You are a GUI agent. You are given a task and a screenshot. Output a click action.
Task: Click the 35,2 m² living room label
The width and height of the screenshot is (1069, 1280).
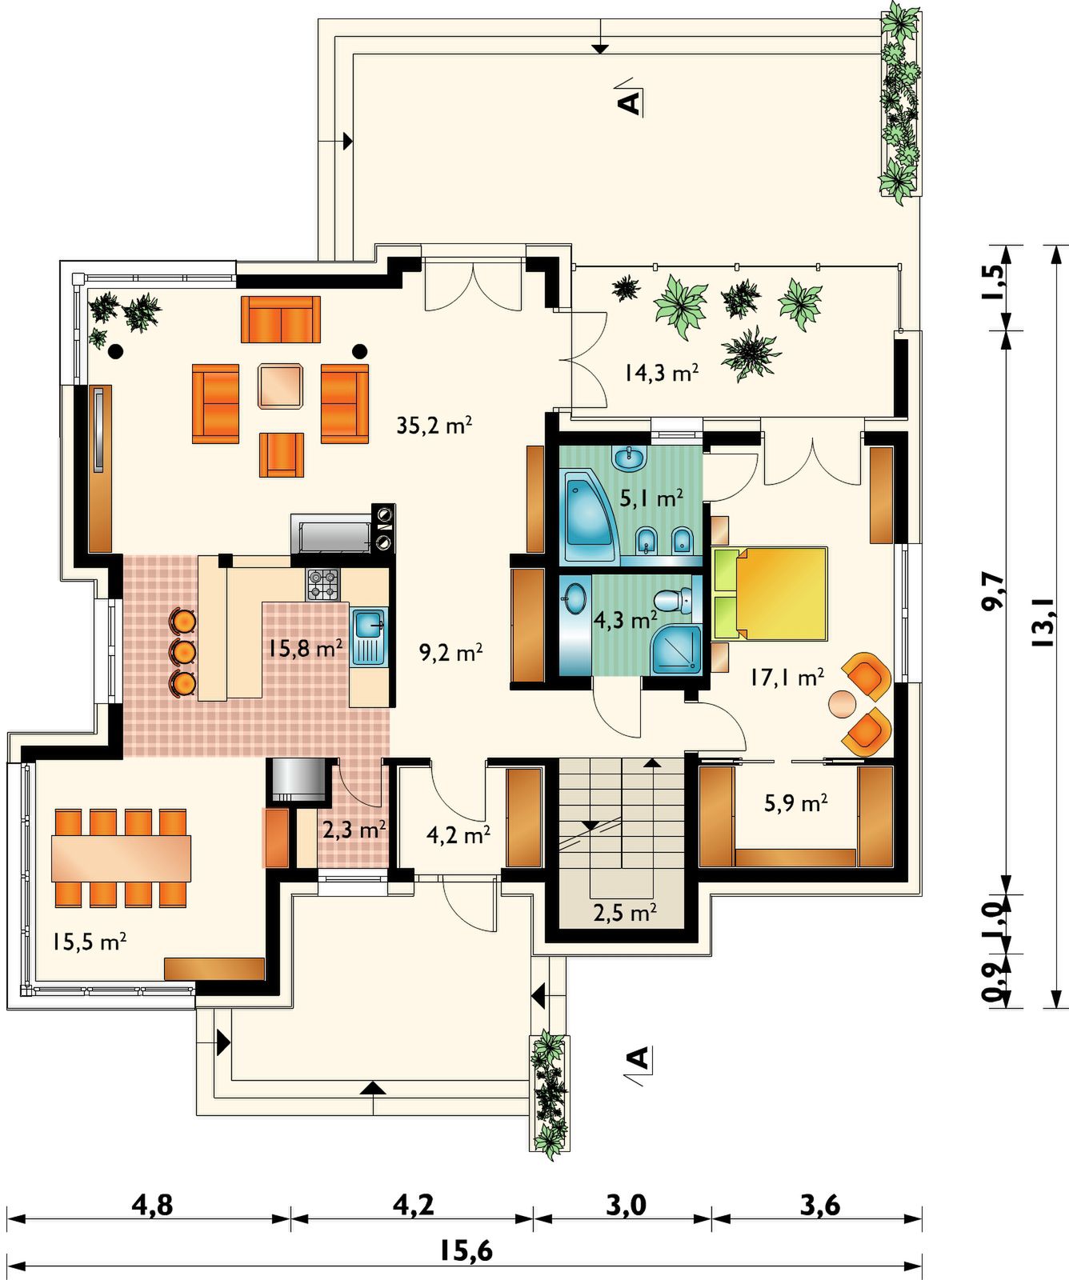[434, 425]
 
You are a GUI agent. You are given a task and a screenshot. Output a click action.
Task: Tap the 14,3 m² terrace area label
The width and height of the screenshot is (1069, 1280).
[662, 373]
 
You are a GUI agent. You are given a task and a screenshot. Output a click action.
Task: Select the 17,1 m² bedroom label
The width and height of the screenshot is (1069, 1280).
[787, 678]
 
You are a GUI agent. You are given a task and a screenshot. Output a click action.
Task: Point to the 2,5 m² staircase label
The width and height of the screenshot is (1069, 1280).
[625, 912]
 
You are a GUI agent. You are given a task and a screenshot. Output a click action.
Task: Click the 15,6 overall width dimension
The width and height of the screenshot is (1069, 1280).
[466, 1250]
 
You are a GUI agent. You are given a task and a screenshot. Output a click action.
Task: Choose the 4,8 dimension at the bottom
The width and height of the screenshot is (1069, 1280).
[153, 1204]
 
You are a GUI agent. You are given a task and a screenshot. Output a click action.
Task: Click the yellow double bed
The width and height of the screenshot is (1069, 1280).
[769, 594]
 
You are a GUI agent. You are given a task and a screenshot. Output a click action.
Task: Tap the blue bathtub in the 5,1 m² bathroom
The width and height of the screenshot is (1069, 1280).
[591, 518]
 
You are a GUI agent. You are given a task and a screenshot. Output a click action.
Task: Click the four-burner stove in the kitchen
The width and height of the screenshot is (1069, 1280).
[323, 584]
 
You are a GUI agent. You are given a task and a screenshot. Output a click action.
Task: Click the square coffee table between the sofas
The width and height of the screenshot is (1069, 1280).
[281, 386]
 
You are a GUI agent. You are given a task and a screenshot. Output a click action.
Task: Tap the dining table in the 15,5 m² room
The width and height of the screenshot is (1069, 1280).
[122, 858]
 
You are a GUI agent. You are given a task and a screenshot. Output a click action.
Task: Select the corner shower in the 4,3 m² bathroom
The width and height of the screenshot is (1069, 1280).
[675, 650]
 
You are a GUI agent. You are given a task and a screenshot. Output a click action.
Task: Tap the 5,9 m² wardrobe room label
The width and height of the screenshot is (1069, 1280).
[795, 802]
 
